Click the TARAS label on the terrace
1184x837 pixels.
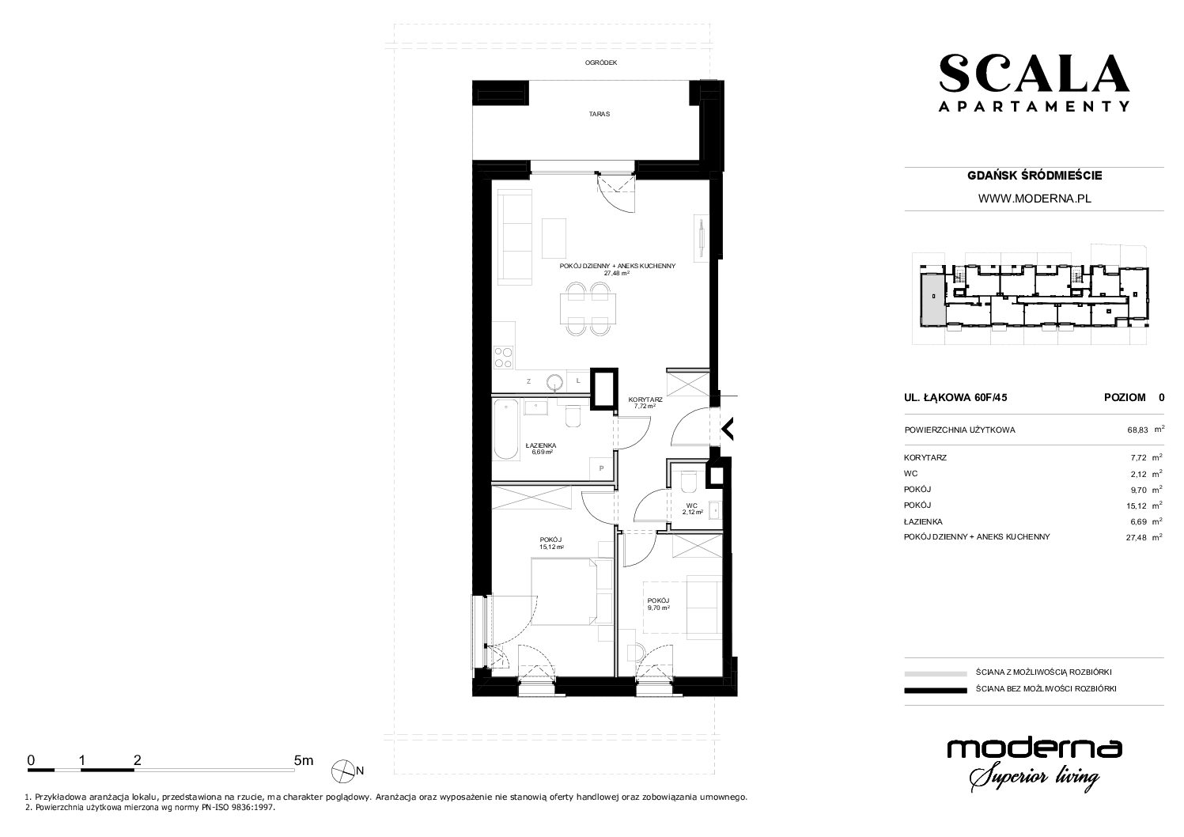coord(600,114)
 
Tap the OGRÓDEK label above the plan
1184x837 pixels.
coord(601,62)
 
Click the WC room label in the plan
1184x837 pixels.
coord(692,509)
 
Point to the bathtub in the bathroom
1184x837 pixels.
coord(136,430)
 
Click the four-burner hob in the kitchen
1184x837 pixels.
coord(133,356)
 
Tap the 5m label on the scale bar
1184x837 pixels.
coord(304,760)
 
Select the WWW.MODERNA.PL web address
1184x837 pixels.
coord(1035,199)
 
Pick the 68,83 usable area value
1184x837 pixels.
coord(1137,430)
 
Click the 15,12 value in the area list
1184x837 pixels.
coord(1137,506)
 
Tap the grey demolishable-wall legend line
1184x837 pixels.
coord(936,673)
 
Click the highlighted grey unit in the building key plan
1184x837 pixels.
coord(932,299)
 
